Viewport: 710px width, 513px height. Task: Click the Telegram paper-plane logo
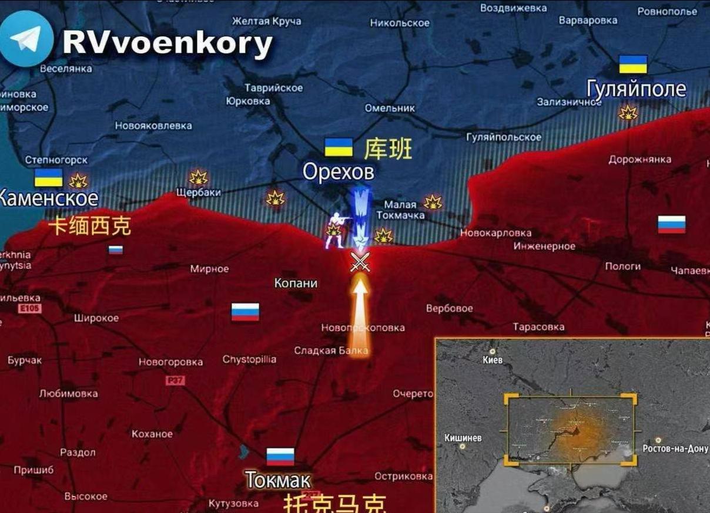(26, 39)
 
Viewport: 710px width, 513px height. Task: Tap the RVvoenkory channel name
(168, 43)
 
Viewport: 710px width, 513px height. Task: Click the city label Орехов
(338, 172)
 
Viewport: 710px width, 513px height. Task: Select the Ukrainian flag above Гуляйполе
(633, 65)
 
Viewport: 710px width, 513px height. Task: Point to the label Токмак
(278, 480)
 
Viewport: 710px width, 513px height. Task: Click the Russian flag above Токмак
(280, 456)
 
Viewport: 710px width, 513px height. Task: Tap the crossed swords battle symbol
(360, 262)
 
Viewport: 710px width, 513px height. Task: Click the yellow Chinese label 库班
(388, 149)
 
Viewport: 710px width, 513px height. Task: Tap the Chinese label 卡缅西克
(90, 226)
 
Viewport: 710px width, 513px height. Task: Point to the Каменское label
(48, 198)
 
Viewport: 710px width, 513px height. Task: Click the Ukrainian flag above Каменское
(48, 177)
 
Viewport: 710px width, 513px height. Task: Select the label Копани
(296, 283)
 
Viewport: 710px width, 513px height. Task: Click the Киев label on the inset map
(493, 360)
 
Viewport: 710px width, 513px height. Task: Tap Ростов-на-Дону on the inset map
(675, 448)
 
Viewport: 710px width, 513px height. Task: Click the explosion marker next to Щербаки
(199, 177)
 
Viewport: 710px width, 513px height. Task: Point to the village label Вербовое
(449, 308)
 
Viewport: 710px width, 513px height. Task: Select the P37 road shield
(175, 380)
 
